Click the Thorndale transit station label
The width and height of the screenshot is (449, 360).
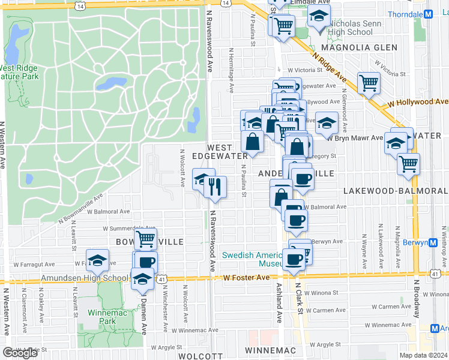(404, 14)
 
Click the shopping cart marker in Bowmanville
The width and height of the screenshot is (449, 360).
(145, 239)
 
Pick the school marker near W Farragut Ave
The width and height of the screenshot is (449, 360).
(97, 260)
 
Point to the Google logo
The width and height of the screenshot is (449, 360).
(20, 352)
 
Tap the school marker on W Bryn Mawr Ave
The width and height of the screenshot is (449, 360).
(327, 124)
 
